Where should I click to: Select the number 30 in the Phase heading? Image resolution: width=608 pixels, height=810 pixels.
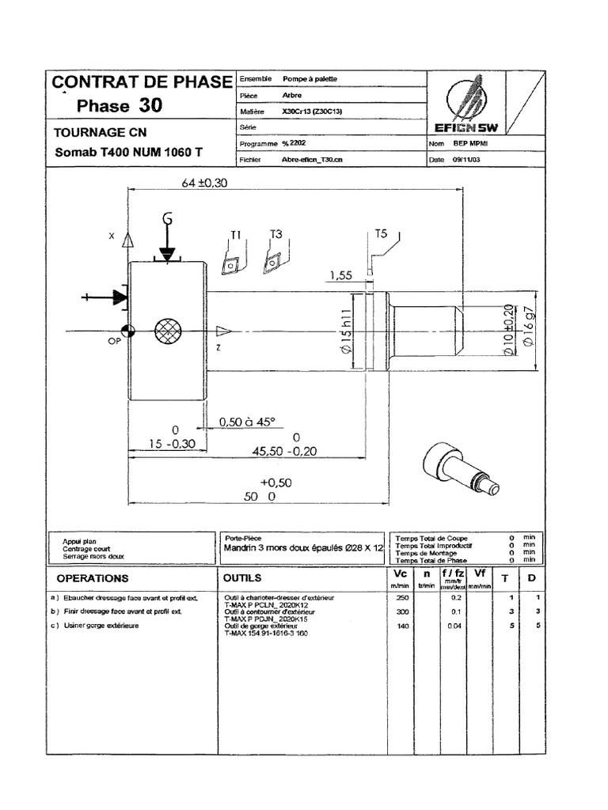click(152, 105)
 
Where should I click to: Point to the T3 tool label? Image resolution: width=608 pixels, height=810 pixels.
click(275, 234)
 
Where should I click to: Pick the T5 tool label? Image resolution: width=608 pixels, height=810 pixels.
click(381, 234)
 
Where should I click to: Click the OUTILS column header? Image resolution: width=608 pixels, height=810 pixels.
click(243, 577)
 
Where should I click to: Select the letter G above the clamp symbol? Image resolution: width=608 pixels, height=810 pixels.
click(167, 218)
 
